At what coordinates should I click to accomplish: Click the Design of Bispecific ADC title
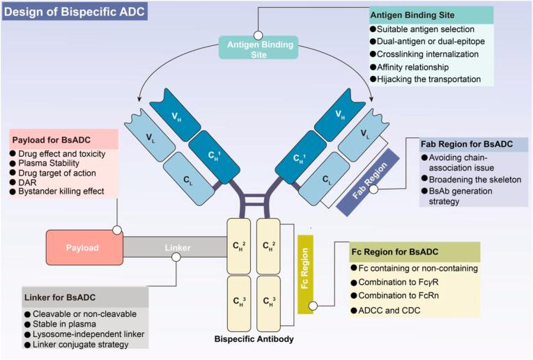coord(74,11)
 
